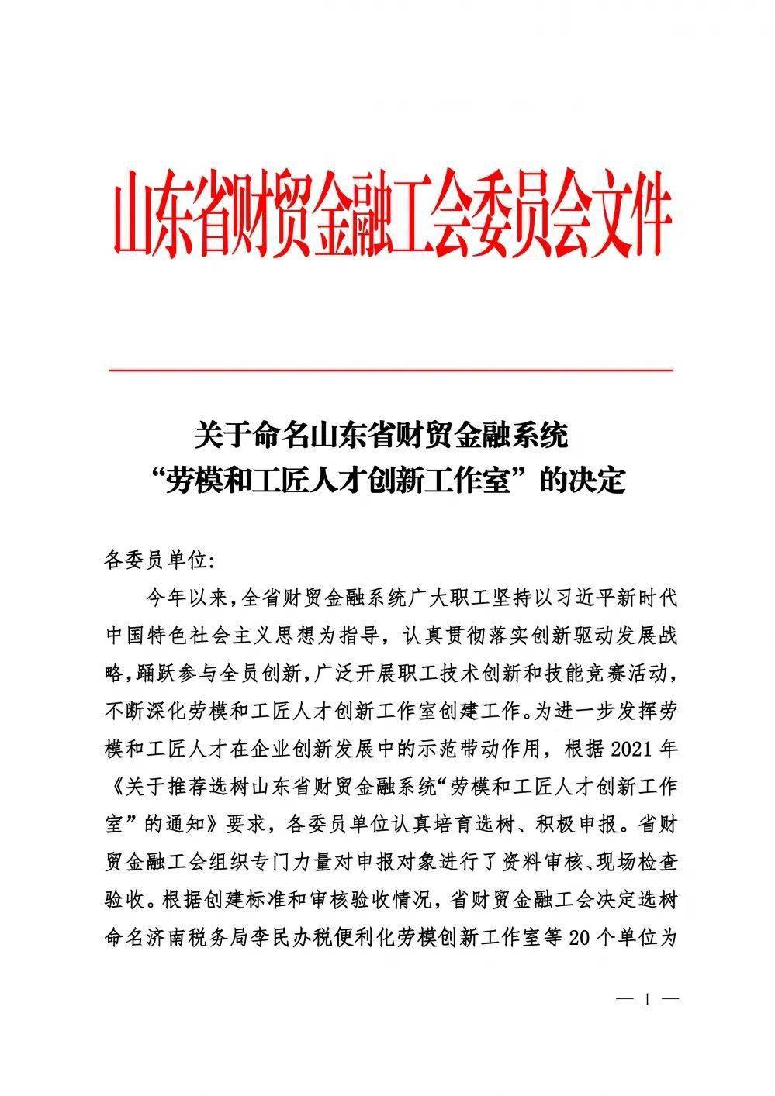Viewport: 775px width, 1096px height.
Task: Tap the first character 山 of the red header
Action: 129,216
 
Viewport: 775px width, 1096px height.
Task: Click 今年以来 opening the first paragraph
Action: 185,598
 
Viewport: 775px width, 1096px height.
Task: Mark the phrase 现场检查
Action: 642,863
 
